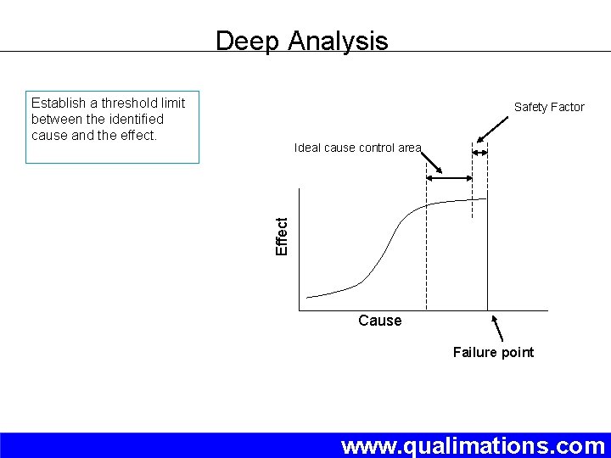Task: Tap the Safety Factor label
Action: tap(549, 107)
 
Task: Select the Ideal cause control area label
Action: tap(357, 148)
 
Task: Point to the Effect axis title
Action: tap(283, 235)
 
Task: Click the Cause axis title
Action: tap(379, 321)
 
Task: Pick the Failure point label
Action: tap(493, 352)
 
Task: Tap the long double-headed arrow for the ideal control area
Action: tap(449, 178)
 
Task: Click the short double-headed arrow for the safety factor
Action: tap(480, 153)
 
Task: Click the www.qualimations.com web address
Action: tap(473, 445)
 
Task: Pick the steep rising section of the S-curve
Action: tap(385, 246)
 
